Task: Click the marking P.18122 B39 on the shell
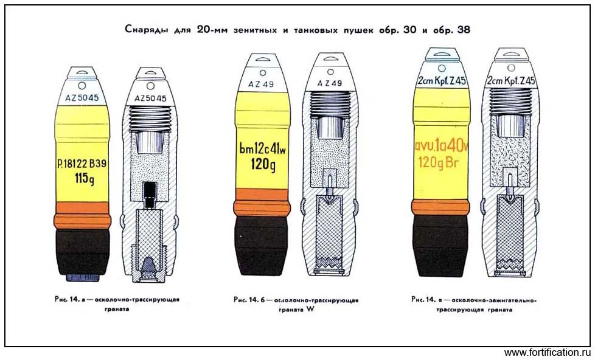click(82, 164)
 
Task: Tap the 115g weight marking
click(84, 178)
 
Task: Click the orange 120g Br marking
click(439, 162)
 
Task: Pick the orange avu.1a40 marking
click(441, 145)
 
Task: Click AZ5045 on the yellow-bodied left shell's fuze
click(82, 98)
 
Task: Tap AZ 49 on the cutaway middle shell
click(329, 83)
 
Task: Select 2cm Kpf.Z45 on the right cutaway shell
click(511, 81)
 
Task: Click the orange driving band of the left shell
click(82, 215)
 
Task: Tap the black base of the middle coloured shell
click(262, 246)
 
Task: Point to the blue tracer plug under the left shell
click(83, 277)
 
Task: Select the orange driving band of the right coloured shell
click(440, 207)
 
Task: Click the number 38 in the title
click(464, 30)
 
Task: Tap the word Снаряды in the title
click(147, 30)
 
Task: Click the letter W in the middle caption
click(310, 309)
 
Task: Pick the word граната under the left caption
click(117, 309)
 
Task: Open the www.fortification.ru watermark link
click(548, 353)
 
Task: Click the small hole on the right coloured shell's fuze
click(441, 68)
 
